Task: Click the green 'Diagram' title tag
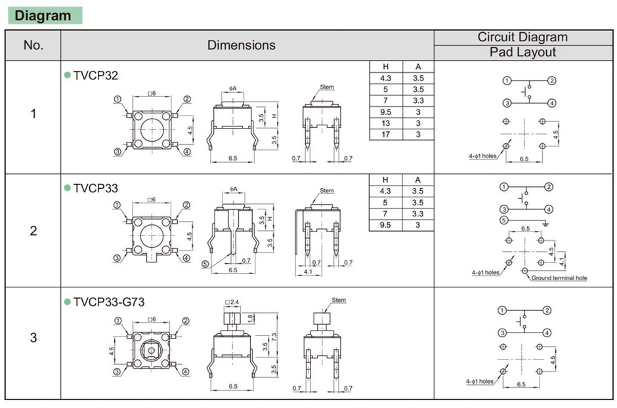point(43,16)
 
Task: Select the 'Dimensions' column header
point(241,45)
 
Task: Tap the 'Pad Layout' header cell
point(522,52)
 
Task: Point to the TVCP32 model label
point(96,76)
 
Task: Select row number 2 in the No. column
point(33,231)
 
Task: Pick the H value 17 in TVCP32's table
point(385,134)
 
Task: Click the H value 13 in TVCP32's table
point(385,123)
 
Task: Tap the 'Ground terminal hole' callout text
point(559,278)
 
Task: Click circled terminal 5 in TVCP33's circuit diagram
point(503,220)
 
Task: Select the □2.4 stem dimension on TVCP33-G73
point(232,302)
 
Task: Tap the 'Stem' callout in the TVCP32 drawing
point(327,87)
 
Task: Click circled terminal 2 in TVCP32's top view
point(187,99)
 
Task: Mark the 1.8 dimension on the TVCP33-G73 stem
point(250,317)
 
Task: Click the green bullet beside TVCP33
point(67,188)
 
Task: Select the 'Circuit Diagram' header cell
point(522,37)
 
